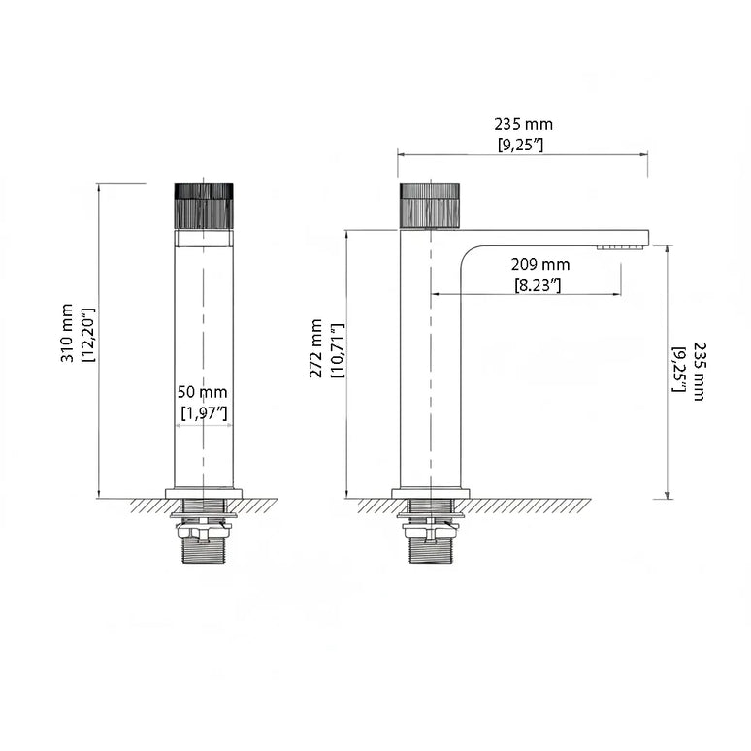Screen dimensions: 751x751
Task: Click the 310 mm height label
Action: (x=68, y=335)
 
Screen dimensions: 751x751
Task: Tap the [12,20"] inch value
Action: (x=87, y=335)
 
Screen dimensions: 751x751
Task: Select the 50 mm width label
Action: (x=203, y=392)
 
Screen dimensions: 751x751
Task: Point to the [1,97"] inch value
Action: (x=205, y=413)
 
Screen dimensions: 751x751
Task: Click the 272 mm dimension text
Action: (x=317, y=350)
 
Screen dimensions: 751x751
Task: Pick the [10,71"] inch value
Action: (x=338, y=350)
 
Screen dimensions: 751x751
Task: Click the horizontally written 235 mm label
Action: (x=523, y=124)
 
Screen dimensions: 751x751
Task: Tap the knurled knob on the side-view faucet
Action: (x=430, y=205)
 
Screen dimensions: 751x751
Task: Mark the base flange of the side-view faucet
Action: (x=430, y=493)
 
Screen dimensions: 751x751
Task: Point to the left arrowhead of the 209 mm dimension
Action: (x=435, y=294)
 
